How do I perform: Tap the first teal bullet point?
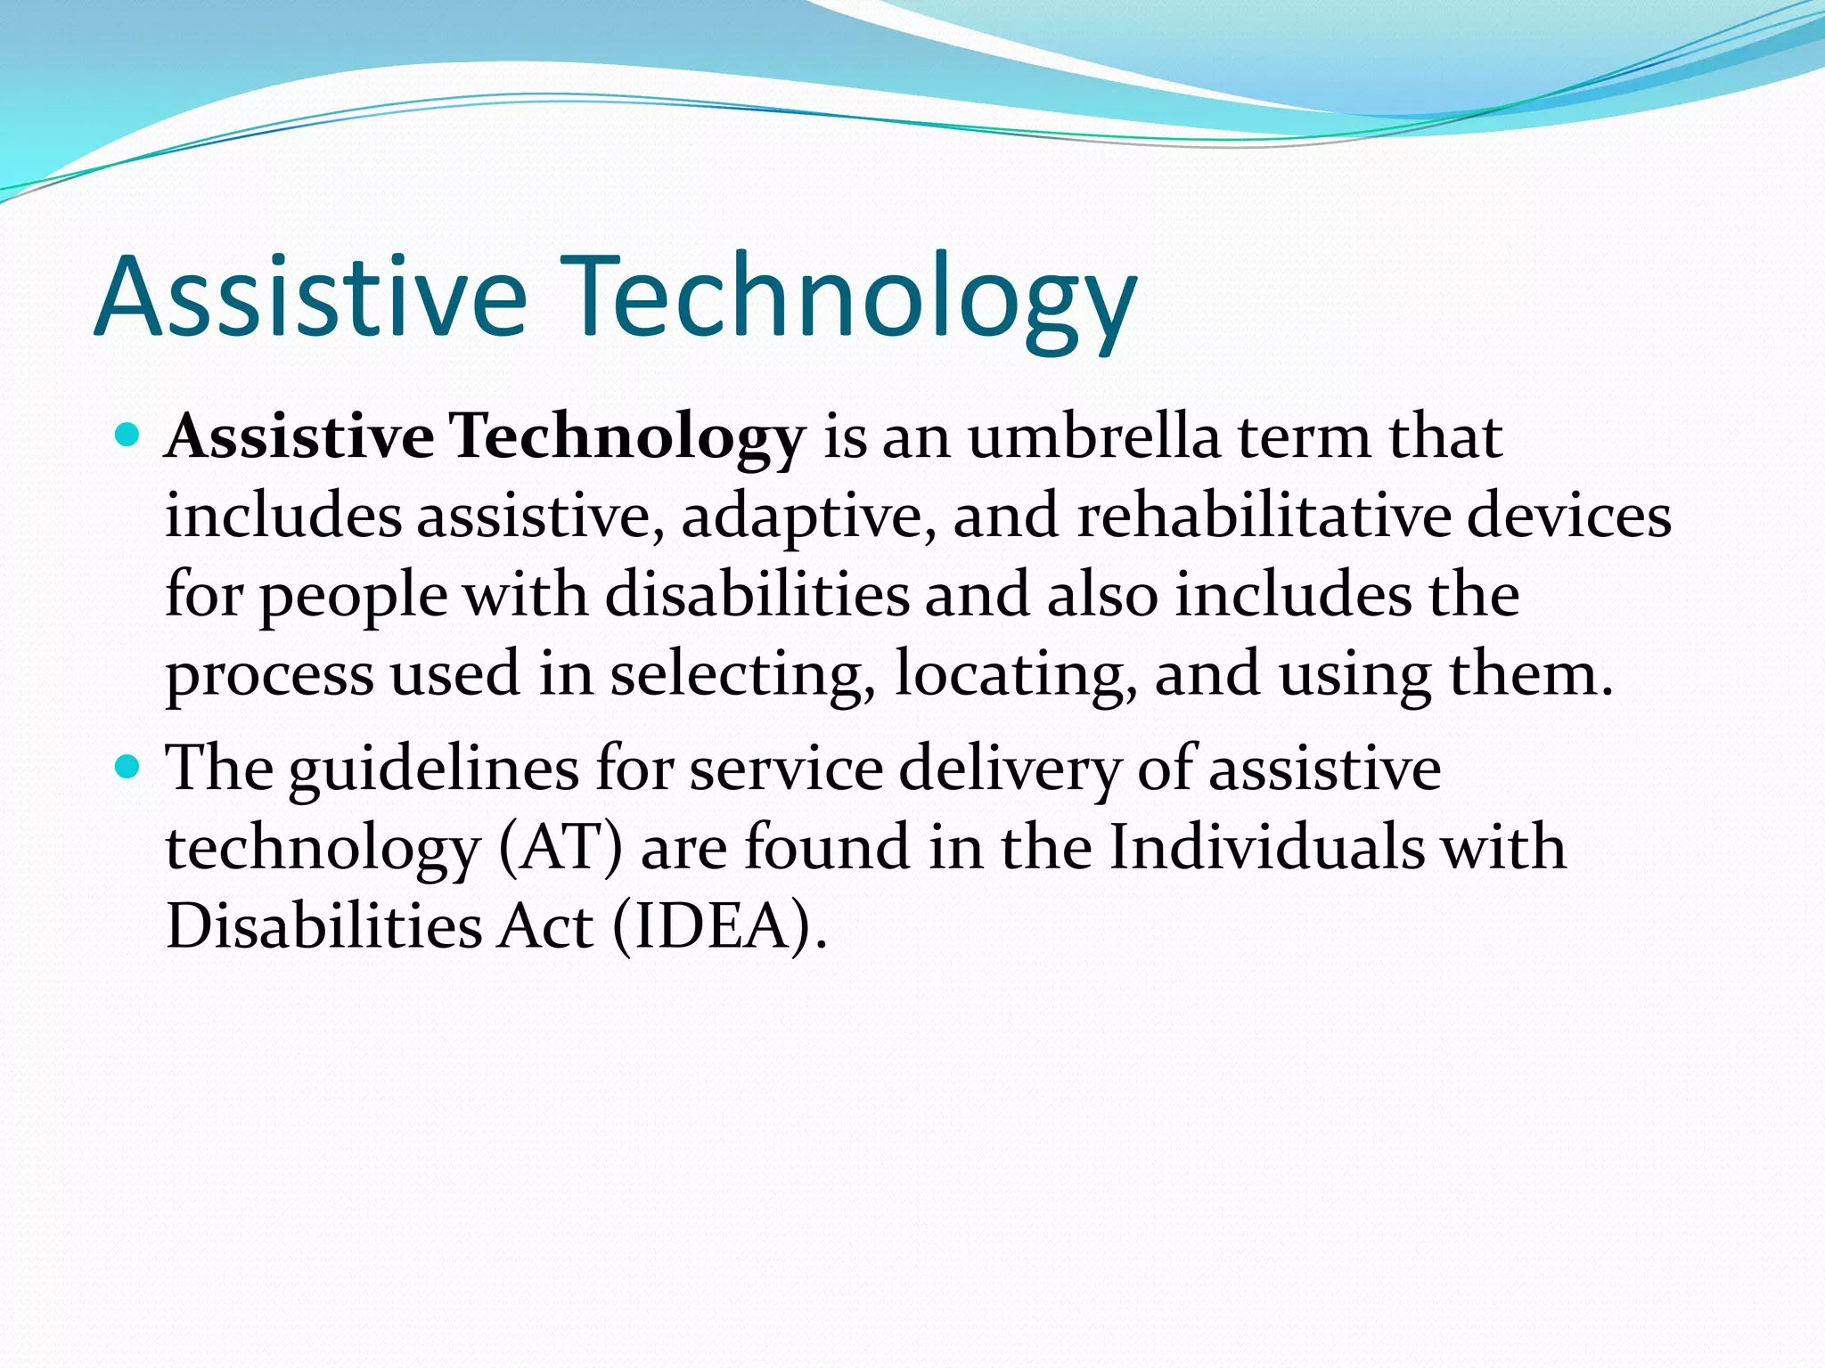(129, 435)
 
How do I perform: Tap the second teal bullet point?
(129, 765)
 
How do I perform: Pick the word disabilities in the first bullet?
(757, 594)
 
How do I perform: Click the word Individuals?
(1266, 846)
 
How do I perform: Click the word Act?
(545, 926)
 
